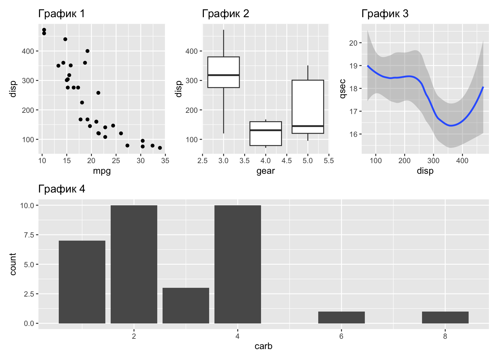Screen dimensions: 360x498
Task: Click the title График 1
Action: pos(61,14)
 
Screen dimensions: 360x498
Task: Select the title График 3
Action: pos(385,14)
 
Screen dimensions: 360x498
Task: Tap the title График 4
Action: pos(61,189)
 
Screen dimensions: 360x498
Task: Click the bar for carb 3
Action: pos(186,305)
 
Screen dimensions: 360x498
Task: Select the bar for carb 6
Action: pos(341,317)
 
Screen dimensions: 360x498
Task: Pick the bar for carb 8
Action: pos(445,317)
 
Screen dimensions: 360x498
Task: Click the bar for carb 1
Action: pos(82,282)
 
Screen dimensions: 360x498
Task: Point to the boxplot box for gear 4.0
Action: pos(266,133)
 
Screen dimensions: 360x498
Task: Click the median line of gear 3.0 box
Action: pos(224,75)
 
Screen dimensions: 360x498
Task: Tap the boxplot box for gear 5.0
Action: pos(308,107)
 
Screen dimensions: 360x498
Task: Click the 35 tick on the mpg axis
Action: pos(165,161)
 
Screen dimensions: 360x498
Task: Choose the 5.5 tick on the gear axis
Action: pos(329,161)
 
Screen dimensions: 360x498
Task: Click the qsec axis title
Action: pos(343,89)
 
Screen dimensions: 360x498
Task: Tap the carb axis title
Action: pos(264,346)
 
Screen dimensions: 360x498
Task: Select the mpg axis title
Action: pos(102,171)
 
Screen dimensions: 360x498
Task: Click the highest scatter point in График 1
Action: pos(44,30)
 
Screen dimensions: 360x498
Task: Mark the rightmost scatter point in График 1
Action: pos(160,148)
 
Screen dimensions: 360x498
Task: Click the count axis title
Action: pos(13,264)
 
